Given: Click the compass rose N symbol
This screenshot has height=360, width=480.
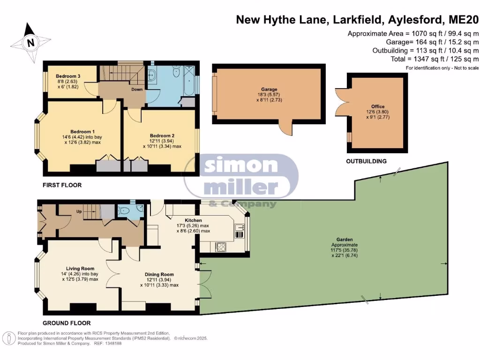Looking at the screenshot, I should pos(30,43).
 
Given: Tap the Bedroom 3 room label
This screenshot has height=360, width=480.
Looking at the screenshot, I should pos(68,76).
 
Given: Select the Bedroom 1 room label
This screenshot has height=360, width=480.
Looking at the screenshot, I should pos(83,131).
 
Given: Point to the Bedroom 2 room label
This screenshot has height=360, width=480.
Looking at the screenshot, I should pos(162,135).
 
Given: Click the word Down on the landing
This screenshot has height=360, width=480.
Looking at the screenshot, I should pos(137,89).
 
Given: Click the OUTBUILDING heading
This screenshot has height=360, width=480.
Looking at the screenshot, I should pos(366,161).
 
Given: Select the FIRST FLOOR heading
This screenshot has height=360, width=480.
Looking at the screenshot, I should pos(62,185).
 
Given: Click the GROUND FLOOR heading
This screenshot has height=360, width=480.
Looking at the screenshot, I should pos(67,323).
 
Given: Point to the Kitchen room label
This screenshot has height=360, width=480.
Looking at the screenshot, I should pos(193,220).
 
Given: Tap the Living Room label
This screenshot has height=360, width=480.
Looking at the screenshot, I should pos(80,269).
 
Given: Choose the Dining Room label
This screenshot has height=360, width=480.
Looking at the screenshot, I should pos(159,275).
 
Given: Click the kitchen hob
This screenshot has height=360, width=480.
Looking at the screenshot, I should pos(221,246).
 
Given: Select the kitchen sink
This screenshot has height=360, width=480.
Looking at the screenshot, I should pos(240,229).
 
